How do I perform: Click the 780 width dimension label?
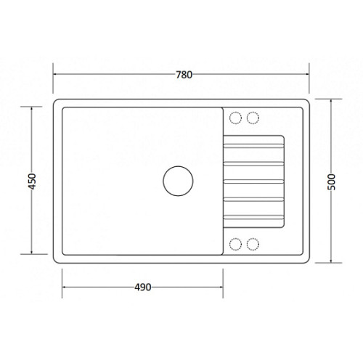[x=184, y=75]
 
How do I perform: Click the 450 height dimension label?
[x=32, y=181]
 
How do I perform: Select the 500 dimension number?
[x=331, y=181]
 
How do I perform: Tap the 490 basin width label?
[x=143, y=287]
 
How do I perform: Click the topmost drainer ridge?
[x=253, y=146]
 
